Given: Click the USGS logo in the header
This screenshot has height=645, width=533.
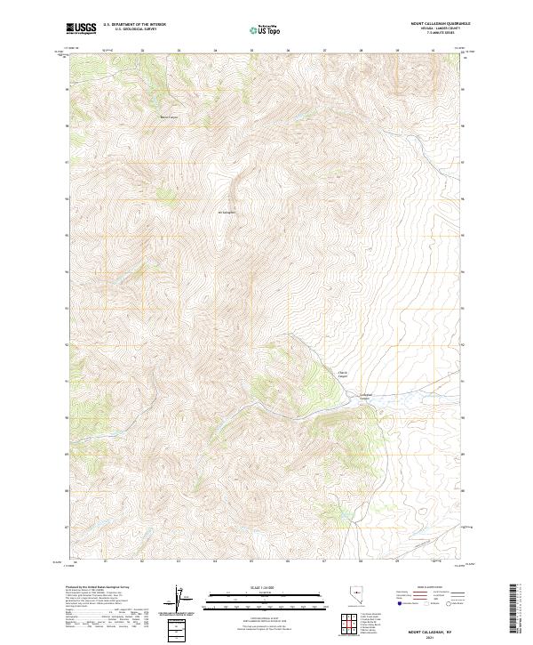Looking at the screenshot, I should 81,28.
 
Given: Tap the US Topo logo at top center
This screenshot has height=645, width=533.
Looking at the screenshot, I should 264,29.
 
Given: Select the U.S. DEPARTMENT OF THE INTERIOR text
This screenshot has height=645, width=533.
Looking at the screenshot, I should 134,25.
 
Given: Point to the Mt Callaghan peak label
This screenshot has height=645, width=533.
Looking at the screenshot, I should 227,213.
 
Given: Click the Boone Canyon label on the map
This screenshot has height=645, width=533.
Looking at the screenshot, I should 169,117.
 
